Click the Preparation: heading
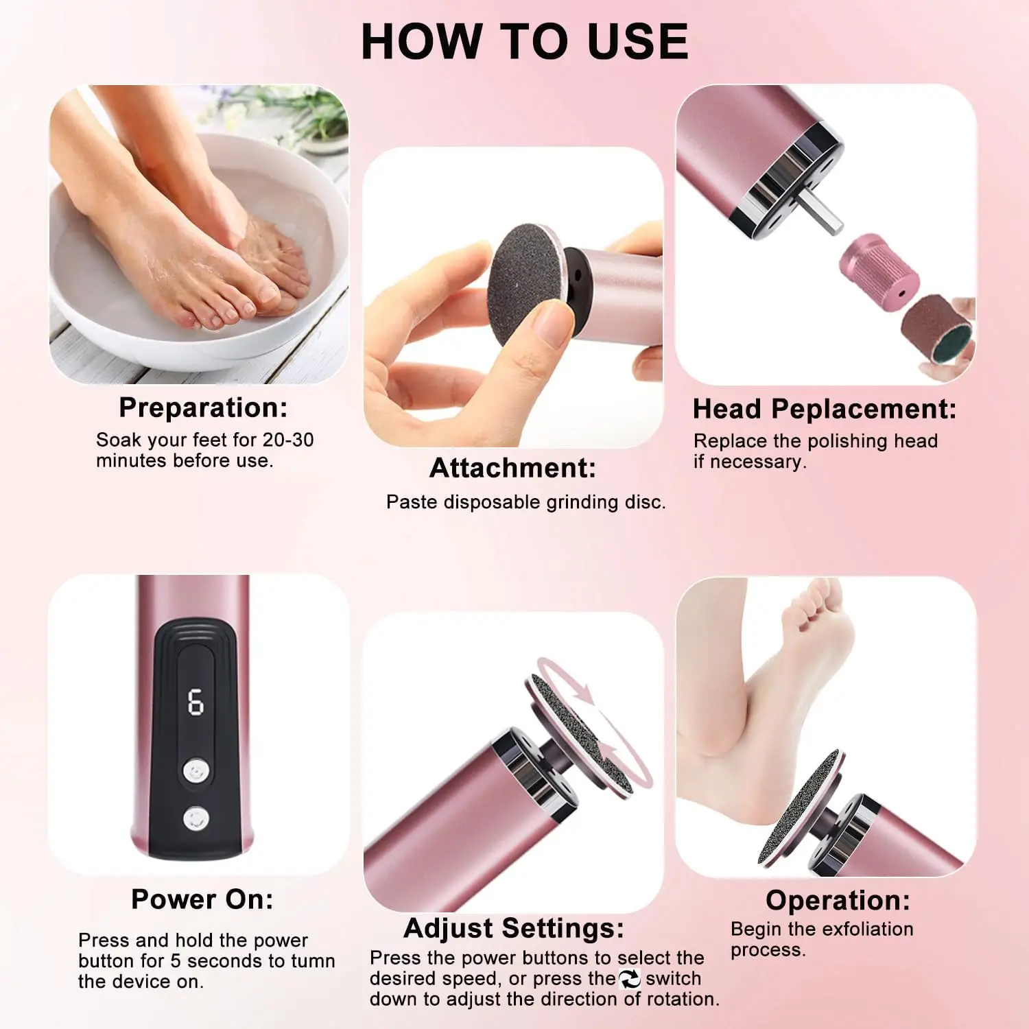point(203,407)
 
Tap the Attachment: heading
point(512,468)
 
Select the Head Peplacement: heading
point(824,409)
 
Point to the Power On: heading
point(202,899)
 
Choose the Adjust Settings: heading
point(514,928)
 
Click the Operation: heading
point(838,900)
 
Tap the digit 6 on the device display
point(196,702)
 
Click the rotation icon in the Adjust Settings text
point(629,979)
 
